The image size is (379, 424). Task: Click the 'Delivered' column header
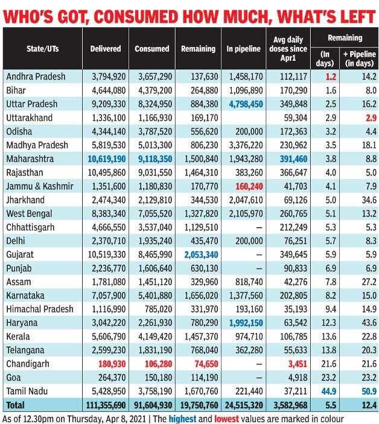pos(106,49)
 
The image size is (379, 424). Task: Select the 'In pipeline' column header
pos(243,49)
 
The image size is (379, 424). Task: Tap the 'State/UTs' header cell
pos(42,49)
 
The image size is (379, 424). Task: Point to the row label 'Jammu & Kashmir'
pos(40,186)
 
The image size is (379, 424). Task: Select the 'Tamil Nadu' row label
pos(27,391)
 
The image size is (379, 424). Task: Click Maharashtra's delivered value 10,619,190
pos(106,159)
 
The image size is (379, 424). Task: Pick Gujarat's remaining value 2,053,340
pos(201,255)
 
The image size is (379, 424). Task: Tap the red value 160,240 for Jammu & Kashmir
pos(249,186)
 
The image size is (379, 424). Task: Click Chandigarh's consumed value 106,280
pos(158,364)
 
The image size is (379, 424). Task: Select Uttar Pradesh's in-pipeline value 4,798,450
pos(246,104)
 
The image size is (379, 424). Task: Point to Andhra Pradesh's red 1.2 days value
pos(331,77)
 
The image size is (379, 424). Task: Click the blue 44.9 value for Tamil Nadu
pos(329,391)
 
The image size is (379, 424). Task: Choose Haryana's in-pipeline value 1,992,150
pos(246,323)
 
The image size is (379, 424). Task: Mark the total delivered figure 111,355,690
pos(106,405)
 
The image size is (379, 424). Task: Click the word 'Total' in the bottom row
pos(15,405)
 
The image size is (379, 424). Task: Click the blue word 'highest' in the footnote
pos(182,419)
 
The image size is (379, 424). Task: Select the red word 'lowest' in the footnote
pos(226,419)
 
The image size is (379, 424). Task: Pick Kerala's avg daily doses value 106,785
pos(293,337)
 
